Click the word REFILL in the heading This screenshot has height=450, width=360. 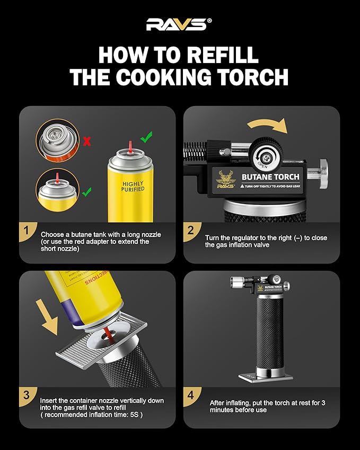click(219, 55)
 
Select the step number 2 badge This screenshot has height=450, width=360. click(191, 231)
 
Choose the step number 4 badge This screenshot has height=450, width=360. click(191, 395)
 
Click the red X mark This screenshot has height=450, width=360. click(86, 142)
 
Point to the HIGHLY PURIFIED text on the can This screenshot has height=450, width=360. click(133, 186)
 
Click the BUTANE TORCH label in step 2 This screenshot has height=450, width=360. click(270, 177)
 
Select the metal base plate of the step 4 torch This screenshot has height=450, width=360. click(265, 377)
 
